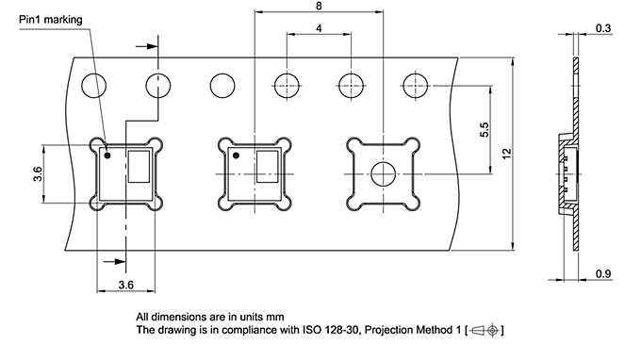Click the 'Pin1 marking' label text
pyautogui.click(x=51, y=20)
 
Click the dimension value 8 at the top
pyautogui.click(x=319, y=6)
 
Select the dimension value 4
pyautogui.click(x=319, y=27)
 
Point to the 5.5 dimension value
pyautogui.click(x=484, y=130)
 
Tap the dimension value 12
pyautogui.click(x=506, y=154)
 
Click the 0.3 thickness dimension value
pyautogui.click(x=603, y=28)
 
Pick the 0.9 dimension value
pyautogui.click(x=603, y=273)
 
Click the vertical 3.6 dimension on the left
pyautogui.click(x=38, y=173)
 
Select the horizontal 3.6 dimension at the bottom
pyautogui.click(x=126, y=285)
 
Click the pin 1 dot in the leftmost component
pyautogui.click(x=107, y=155)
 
